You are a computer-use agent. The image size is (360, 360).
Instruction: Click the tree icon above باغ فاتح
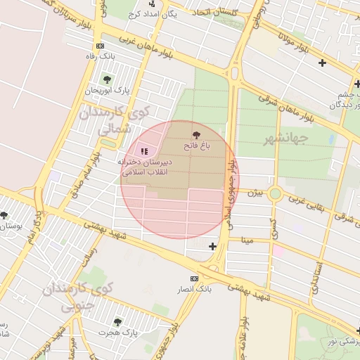[x=195, y=134]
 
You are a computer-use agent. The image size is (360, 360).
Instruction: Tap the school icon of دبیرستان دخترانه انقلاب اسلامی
[x=145, y=150]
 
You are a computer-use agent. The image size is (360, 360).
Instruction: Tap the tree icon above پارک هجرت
[x=117, y=322]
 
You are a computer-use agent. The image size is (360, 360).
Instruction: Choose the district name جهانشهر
[x=289, y=138]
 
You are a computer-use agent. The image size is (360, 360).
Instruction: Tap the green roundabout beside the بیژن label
[x=275, y=193]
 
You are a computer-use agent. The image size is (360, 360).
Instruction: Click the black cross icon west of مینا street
[x=213, y=245]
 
